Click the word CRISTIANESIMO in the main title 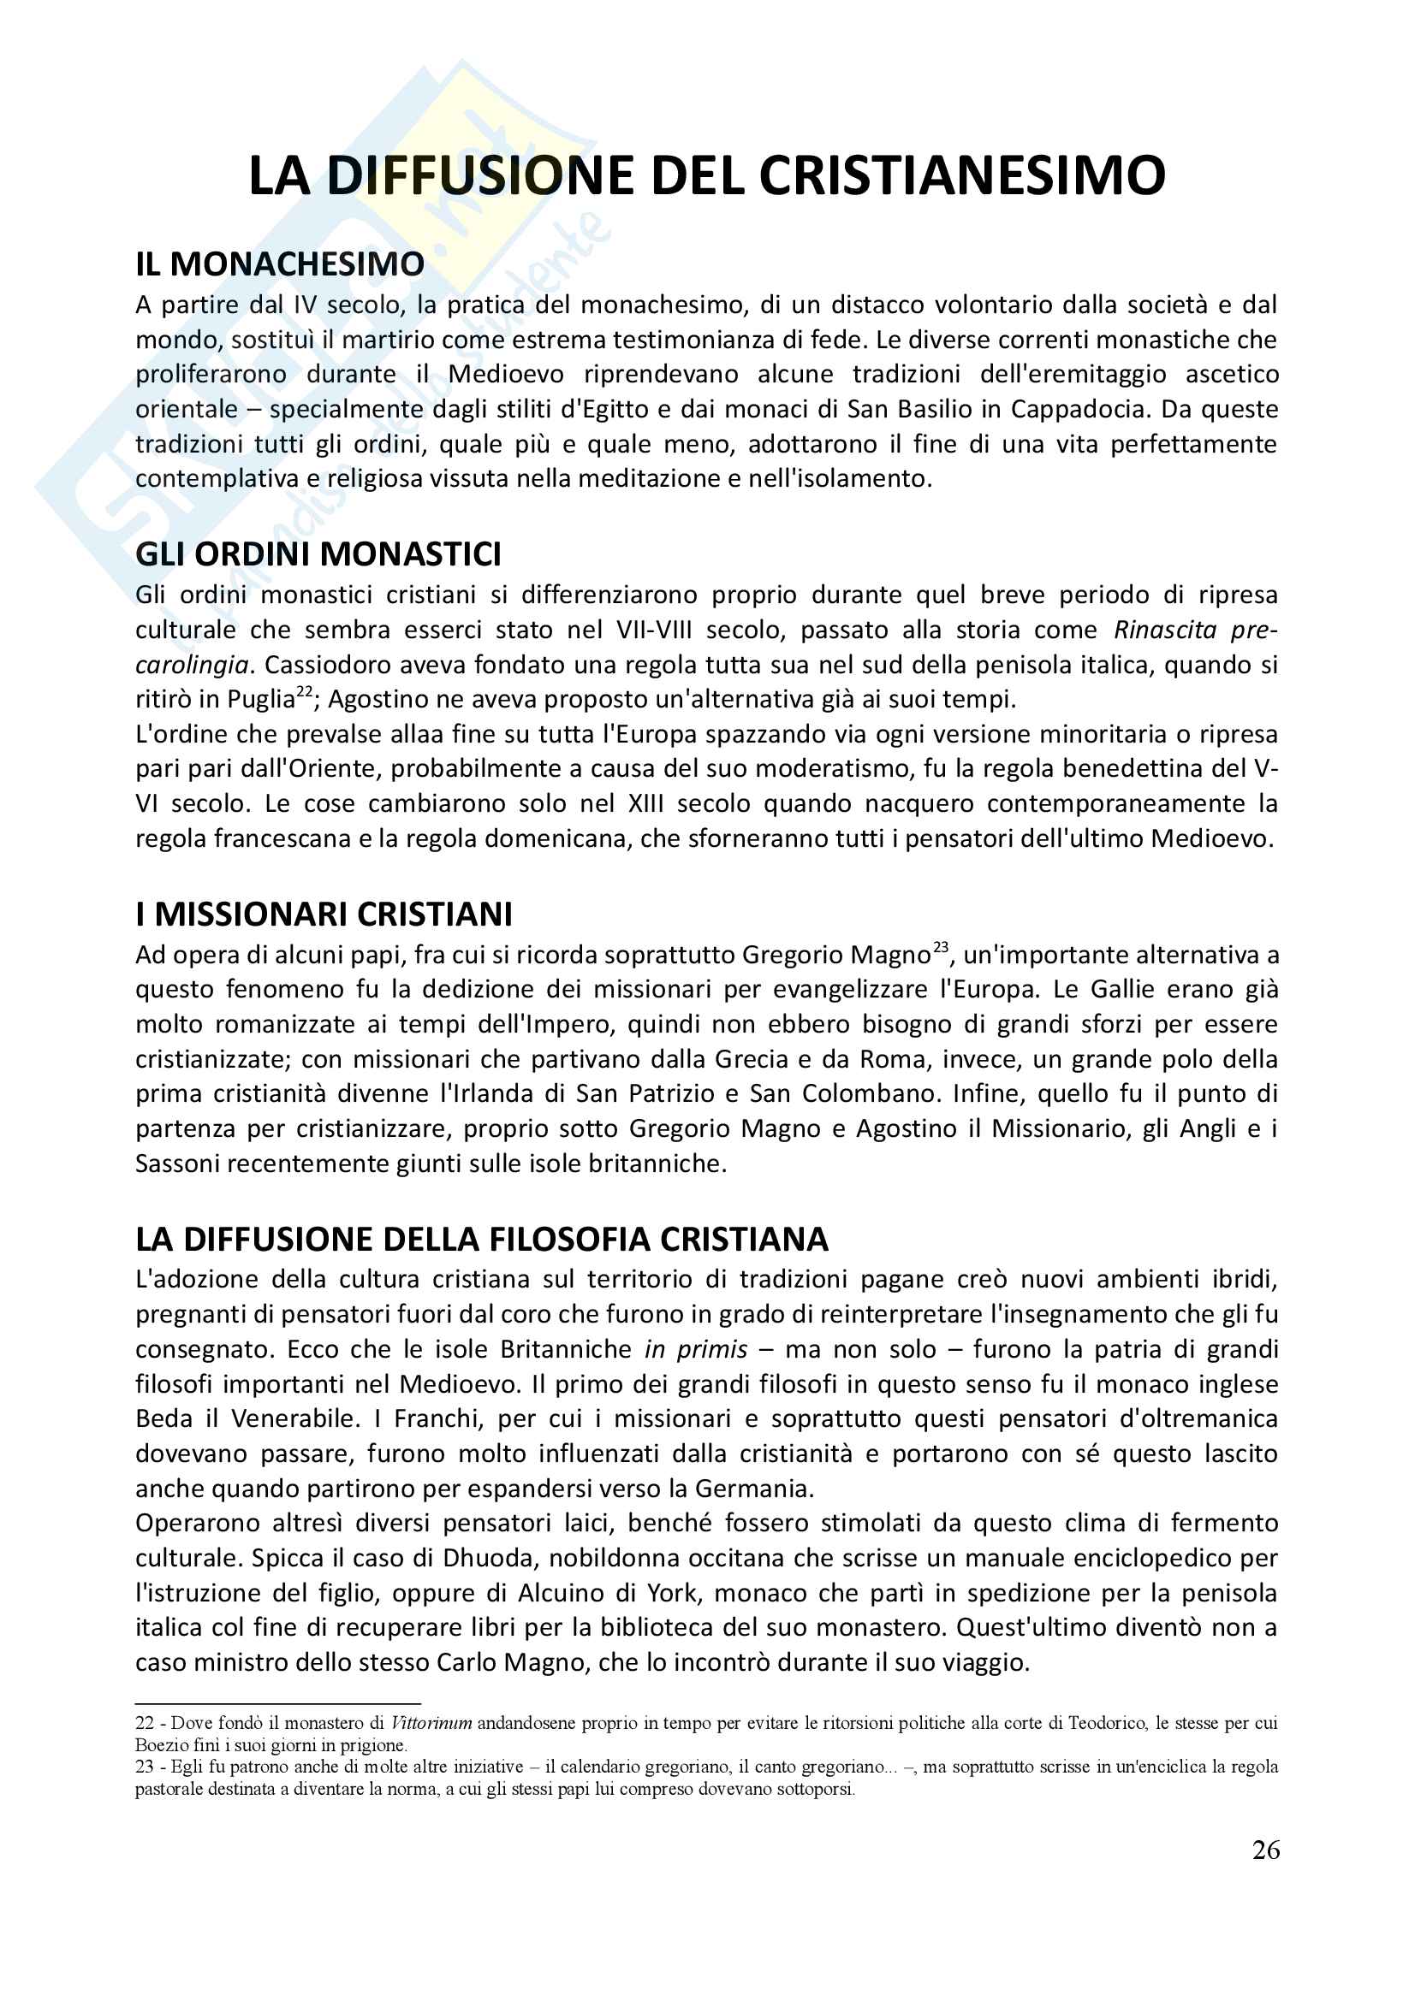[961, 176]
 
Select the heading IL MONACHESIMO [280, 264]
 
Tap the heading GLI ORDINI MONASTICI [318, 554]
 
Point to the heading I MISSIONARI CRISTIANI [324, 915]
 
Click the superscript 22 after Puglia [304, 691]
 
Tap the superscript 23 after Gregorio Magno [940, 946]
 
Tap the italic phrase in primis [696, 1350]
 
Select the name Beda [163, 1418]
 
